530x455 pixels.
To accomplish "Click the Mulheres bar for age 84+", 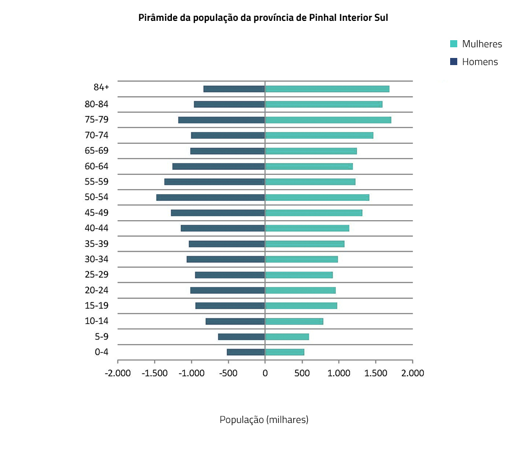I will point(327,89).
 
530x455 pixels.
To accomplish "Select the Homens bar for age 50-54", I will point(211,197).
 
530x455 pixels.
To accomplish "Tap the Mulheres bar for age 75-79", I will point(328,120).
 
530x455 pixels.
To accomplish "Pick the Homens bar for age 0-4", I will point(246,352).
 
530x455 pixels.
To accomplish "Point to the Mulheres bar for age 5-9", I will point(287,337).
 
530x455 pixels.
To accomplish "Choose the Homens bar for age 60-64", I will point(219,166).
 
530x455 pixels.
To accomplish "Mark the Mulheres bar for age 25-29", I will point(299,275).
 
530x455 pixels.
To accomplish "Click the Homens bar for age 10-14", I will point(235,321).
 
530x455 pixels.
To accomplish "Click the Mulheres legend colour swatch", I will point(454,44).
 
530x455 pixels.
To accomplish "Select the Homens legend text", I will point(480,62).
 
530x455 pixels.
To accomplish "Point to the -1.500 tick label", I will point(155,373).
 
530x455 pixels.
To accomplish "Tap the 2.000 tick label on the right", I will point(413,373).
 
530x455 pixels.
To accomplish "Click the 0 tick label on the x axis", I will point(265,373).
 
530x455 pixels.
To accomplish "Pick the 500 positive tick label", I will point(302,373).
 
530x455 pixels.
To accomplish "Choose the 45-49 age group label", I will point(96,213).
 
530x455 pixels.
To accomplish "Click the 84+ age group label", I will point(101,87).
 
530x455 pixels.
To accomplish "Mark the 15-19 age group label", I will point(96,306).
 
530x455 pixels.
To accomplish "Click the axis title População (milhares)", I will point(264,420).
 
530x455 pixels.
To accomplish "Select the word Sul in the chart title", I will point(381,18).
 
